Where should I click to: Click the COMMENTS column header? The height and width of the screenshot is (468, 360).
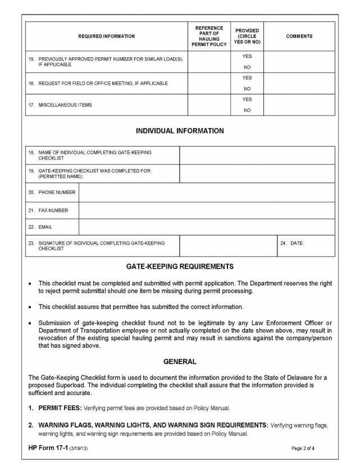[299, 36]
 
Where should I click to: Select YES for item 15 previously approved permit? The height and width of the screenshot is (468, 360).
[247, 57]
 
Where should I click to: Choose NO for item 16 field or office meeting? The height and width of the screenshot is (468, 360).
[247, 89]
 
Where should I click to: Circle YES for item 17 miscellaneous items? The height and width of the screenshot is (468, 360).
[247, 99]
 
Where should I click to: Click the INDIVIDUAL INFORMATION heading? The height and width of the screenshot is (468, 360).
[180, 131]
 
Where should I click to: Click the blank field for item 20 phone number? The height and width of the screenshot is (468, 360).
[206, 192]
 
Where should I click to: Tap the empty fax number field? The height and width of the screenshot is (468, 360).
[206, 210]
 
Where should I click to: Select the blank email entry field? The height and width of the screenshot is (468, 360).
[206, 227]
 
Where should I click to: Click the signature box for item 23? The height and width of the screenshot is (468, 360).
[228, 246]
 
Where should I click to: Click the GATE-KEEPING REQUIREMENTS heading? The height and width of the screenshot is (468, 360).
[180, 266]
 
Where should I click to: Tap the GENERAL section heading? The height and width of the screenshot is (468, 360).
[180, 362]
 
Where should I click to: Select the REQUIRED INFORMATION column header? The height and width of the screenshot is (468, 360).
[106, 36]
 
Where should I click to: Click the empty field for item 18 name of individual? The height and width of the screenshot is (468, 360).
[257, 155]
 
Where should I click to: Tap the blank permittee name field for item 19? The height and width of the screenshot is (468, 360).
[257, 174]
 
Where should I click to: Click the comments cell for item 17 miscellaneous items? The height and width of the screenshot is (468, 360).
[299, 104]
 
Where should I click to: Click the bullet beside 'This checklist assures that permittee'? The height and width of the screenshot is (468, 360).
[30, 307]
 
